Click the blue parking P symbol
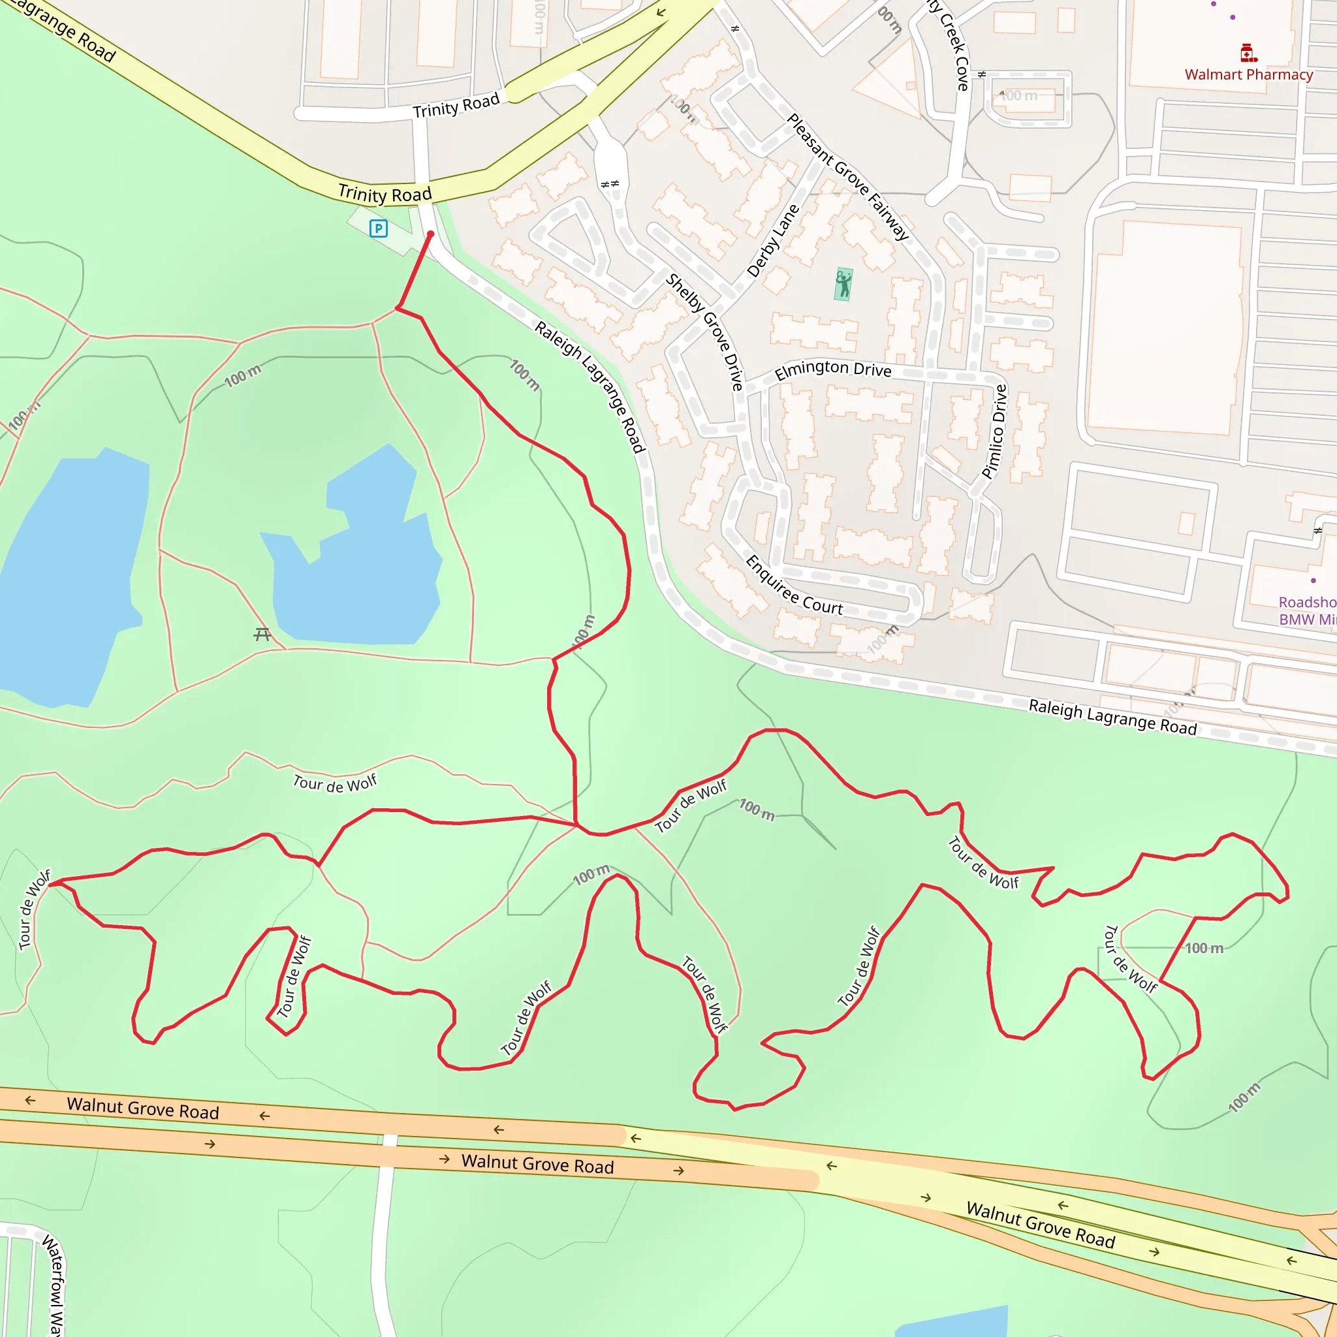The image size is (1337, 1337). click(x=379, y=228)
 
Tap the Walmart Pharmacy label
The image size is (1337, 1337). click(x=1248, y=74)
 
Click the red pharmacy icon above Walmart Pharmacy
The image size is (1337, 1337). click(x=1248, y=54)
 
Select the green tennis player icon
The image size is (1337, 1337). click(x=843, y=285)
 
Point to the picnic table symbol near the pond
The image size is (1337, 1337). click(x=262, y=634)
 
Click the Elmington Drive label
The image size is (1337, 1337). click(x=832, y=370)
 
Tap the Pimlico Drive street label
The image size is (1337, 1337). click(x=994, y=432)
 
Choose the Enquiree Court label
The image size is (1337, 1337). click(x=794, y=586)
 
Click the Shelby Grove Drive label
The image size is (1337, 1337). click(x=704, y=332)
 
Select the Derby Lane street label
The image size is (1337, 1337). click(x=773, y=241)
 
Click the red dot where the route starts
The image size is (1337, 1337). click(x=430, y=234)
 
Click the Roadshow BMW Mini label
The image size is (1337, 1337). click(x=1306, y=610)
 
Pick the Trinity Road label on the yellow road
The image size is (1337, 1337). click(x=385, y=194)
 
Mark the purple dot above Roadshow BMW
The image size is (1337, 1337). click(x=1313, y=580)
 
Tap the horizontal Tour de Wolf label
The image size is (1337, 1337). click(x=335, y=783)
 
